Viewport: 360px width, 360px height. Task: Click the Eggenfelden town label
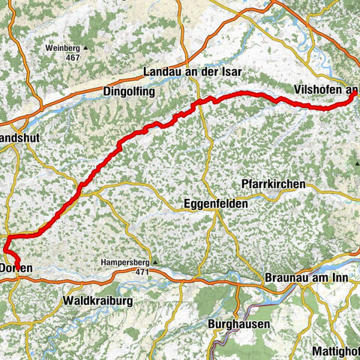(x=215, y=203)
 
